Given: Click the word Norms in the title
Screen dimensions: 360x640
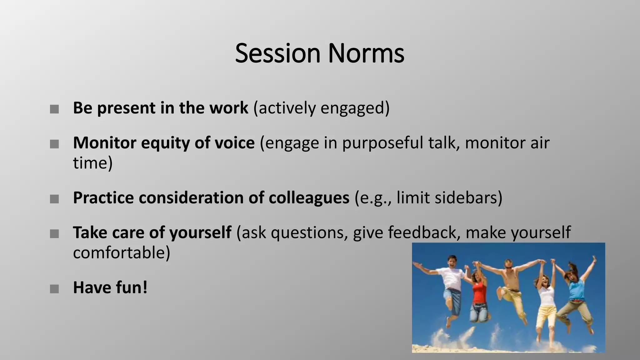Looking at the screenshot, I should [366, 53].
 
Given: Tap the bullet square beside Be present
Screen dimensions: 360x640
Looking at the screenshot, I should [54, 109].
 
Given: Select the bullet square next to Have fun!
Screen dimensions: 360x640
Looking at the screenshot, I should [54, 289].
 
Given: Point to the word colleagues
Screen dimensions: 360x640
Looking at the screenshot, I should [309, 198].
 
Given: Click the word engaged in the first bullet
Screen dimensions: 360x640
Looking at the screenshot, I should [352, 108].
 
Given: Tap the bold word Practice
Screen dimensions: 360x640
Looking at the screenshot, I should [103, 198].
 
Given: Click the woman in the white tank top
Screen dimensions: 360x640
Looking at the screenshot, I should [546, 297].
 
